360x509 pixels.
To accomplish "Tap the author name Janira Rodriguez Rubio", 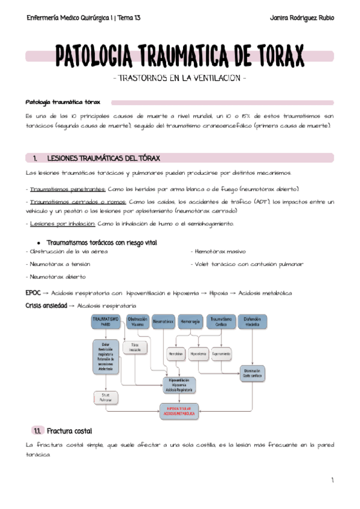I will (x=299, y=18).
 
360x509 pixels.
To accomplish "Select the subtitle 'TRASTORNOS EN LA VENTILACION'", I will (x=179, y=79).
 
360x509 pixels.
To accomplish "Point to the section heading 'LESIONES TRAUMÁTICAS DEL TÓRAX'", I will (x=103, y=158).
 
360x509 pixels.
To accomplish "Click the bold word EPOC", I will (x=33, y=293).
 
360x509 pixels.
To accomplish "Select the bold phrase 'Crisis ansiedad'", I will (x=46, y=306).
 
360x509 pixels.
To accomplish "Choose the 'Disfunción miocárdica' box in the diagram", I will (x=252, y=322).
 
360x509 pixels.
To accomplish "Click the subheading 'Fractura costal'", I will (x=69, y=431).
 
